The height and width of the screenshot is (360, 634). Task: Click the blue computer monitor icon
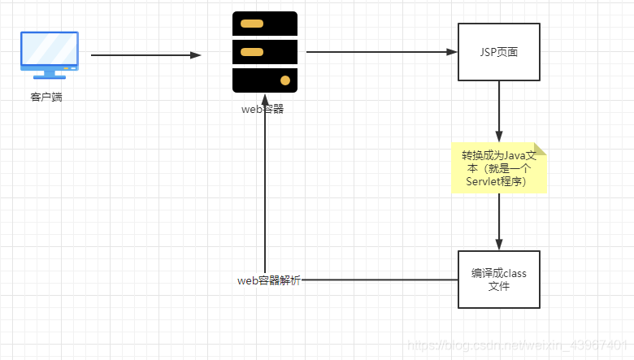50,54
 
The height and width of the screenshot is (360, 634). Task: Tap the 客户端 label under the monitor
46,98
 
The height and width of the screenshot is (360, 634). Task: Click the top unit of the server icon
264,24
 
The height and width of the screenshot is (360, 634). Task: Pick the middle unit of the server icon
264,52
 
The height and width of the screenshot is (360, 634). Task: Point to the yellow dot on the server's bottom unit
285,80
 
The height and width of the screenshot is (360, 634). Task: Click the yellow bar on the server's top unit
252,24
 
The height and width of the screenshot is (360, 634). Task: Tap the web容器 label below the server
263,110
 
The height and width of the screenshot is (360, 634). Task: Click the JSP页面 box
498,52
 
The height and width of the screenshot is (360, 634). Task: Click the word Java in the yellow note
514,155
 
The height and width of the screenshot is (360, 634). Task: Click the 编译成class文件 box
498,280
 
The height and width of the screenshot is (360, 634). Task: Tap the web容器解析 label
268,280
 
